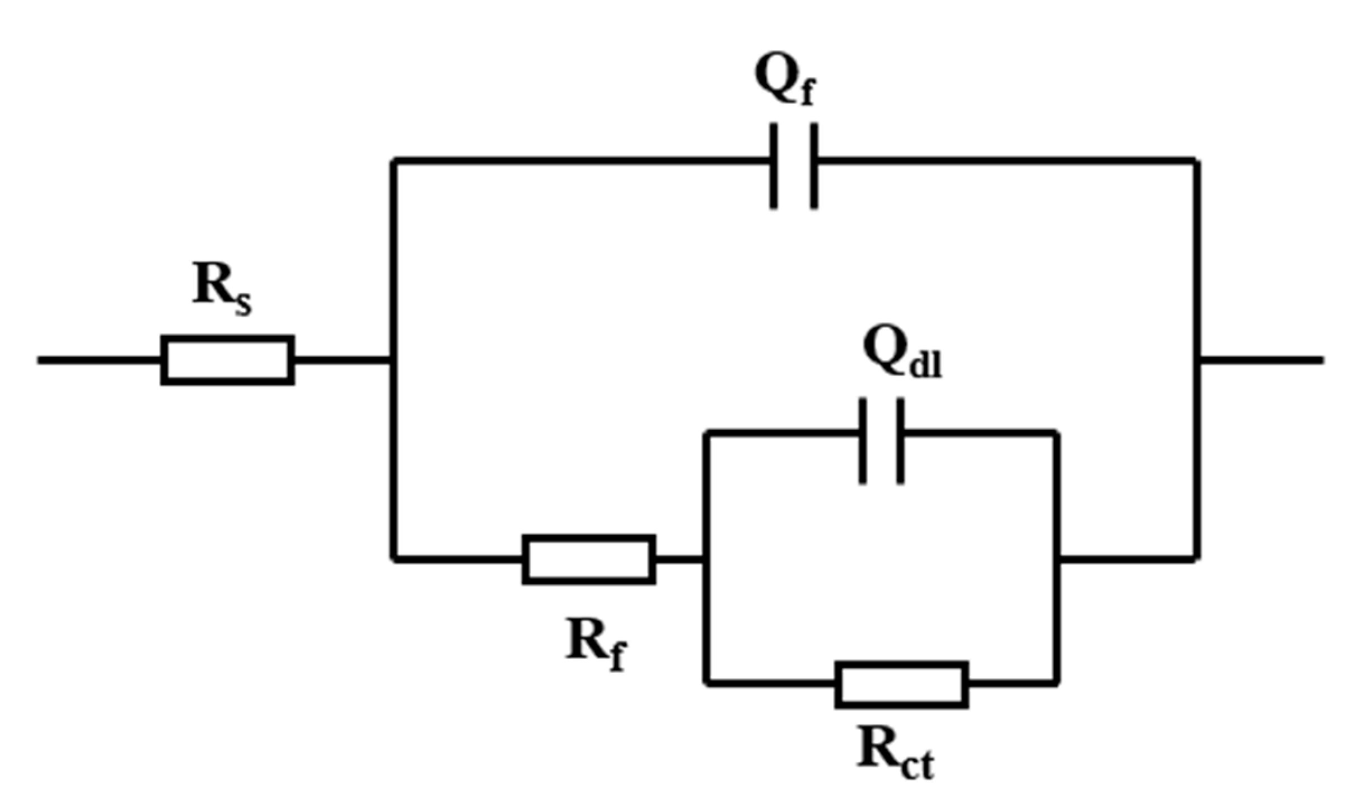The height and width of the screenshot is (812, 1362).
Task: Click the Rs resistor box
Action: (x=228, y=360)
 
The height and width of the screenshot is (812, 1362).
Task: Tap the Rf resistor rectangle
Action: (x=589, y=559)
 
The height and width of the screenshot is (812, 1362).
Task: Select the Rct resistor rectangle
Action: (x=902, y=684)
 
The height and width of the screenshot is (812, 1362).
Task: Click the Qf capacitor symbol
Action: (x=794, y=166)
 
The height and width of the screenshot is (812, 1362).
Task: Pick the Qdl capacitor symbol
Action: (x=881, y=441)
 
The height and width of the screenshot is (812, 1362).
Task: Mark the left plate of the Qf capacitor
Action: (x=774, y=166)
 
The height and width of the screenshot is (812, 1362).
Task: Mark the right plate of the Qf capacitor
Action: (x=814, y=166)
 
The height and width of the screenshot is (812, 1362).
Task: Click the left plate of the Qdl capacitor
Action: (x=863, y=441)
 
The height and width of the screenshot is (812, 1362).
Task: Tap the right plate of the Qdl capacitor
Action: (x=900, y=441)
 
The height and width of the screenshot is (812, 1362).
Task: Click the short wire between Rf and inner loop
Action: (x=679, y=559)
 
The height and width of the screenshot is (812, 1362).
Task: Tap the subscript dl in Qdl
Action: (x=926, y=366)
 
